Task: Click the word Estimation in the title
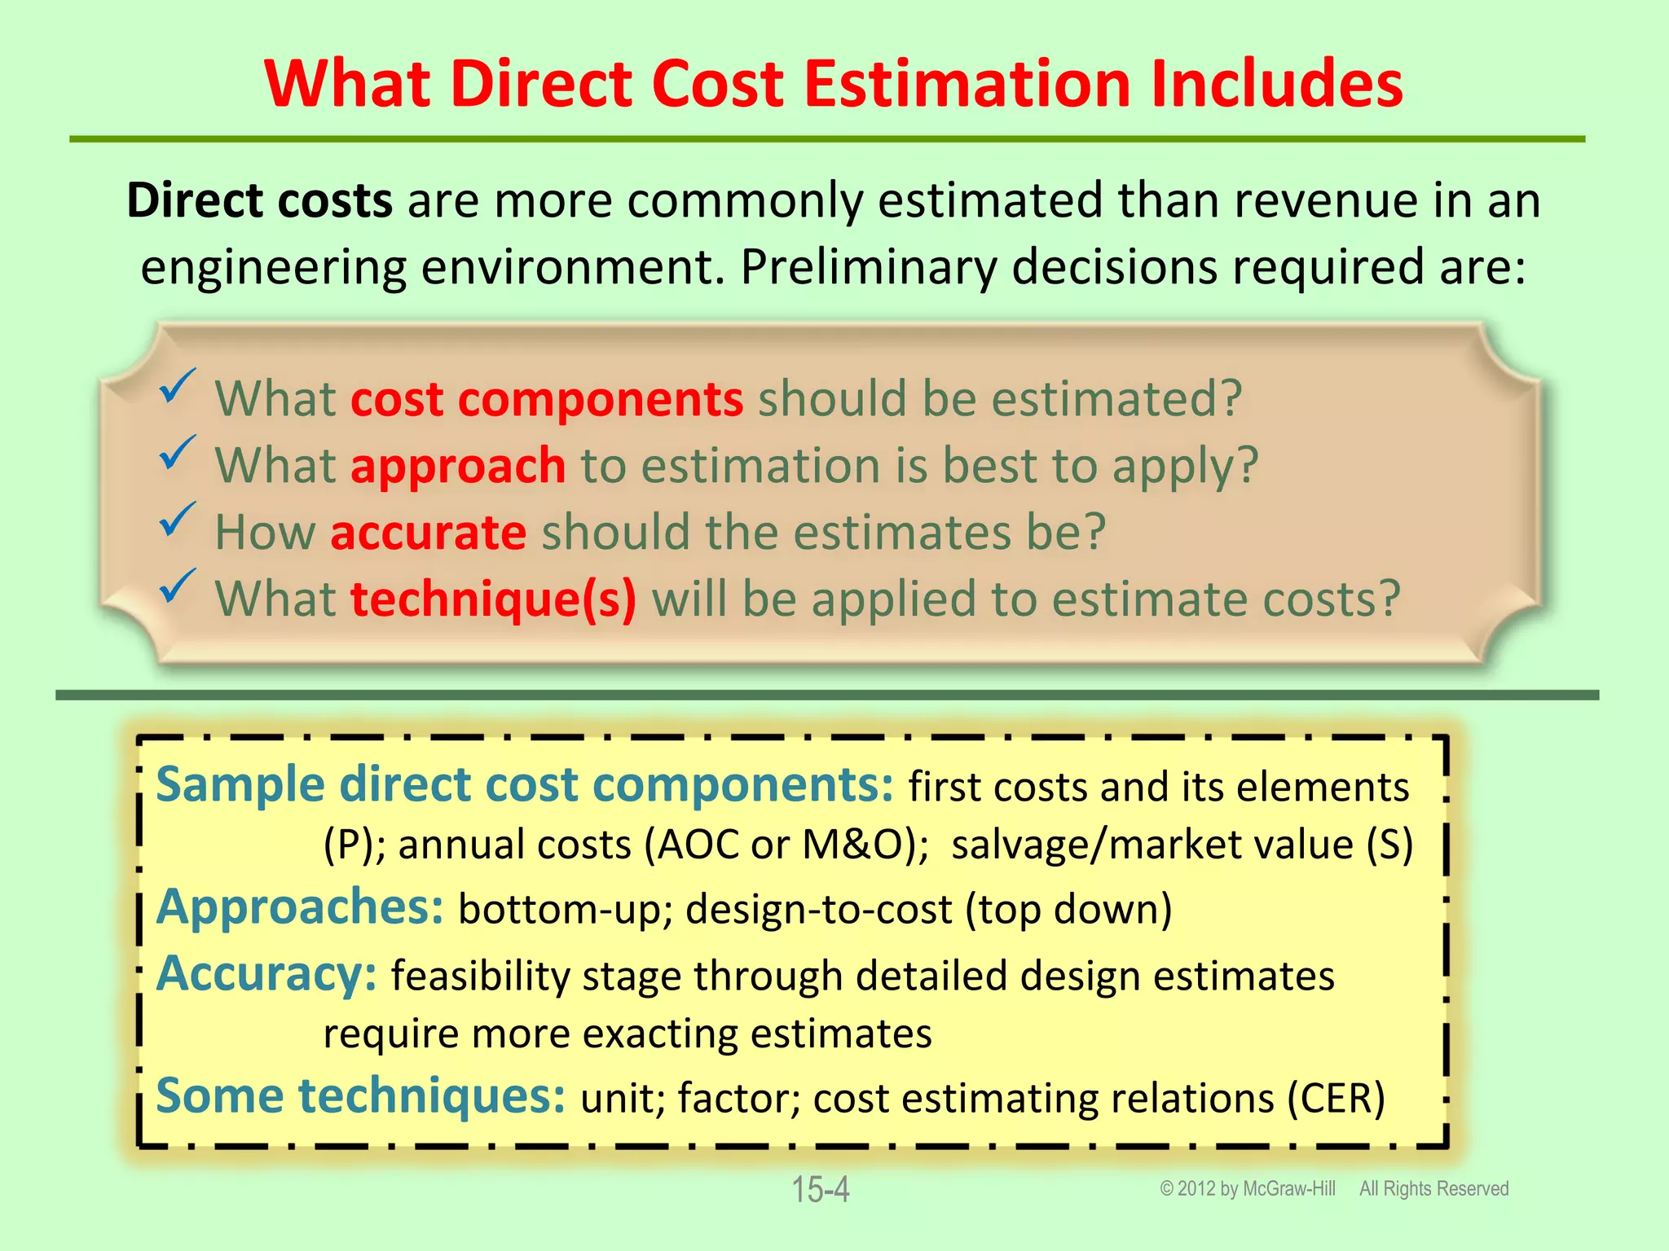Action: pyautogui.click(x=969, y=84)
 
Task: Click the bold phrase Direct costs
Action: pyautogui.click(x=260, y=200)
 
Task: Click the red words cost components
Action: pyautogui.click(x=546, y=399)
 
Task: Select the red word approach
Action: pyautogui.click(x=458, y=466)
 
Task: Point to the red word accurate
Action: pyautogui.click(x=429, y=533)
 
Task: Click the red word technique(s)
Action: pyautogui.click(x=493, y=599)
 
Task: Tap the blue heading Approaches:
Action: pyautogui.click(x=300, y=907)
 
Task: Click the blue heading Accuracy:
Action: pyautogui.click(x=266, y=974)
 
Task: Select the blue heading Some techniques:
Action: pyautogui.click(x=360, y=1096)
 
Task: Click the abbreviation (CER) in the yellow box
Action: pyautogui.click(x=1337, y=1098)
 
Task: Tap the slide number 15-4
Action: pyautogui.click(x=821, y=1190)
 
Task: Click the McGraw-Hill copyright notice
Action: pyautogui.click(x=1248, y=1189)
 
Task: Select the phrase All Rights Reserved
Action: pyautogui.click(x=1433, y=1189)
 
